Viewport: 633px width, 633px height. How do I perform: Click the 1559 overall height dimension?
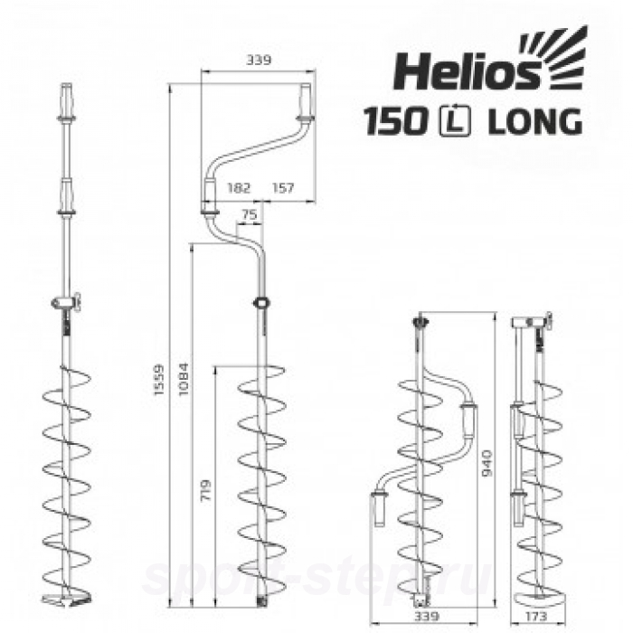click(x=160, y=380)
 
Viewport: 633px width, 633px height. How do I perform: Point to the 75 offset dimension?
click(x=250, y=213)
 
